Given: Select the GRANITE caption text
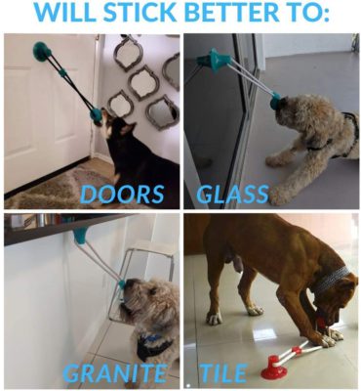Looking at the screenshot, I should point(116,372).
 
